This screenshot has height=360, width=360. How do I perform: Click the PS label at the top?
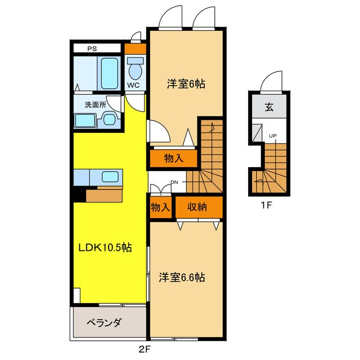(91, 48)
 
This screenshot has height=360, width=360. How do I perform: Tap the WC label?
(133, 85)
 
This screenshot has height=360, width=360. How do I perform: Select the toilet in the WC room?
(135, 70)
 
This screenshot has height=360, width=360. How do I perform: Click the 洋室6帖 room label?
(185, 84)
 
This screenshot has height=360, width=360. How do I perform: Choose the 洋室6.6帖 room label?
(181, 277)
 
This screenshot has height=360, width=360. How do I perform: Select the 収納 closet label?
(198, 206)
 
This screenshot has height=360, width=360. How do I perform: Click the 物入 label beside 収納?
(160, 207)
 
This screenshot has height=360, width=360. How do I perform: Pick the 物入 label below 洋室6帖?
(173, 158)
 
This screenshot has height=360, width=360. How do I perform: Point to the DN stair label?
(175, 182)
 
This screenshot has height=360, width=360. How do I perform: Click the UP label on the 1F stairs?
(273, 136)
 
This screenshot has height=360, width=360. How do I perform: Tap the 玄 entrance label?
(269, 108)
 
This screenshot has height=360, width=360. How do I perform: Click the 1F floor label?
(267, 205)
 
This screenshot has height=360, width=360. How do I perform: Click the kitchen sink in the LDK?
(110, 176)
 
